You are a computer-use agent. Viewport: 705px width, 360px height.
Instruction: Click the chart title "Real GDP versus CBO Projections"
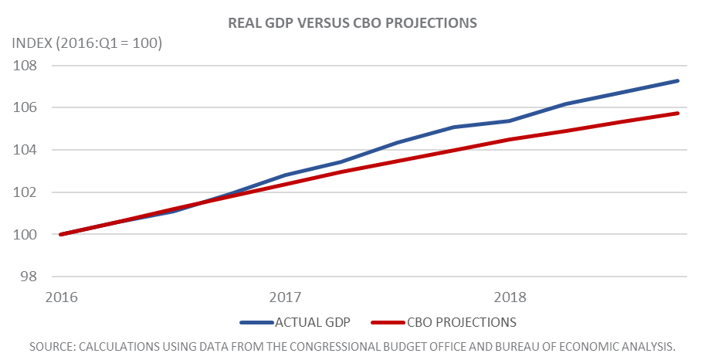[x=352, y=23]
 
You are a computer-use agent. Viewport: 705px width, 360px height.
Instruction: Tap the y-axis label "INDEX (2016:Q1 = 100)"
[x=86, y=43]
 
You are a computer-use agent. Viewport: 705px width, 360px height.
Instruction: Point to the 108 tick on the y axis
[x=25, y=66]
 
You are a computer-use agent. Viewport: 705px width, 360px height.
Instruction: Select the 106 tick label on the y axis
[x=25, y=107]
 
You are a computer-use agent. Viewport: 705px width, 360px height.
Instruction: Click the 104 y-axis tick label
[x=25, y=150]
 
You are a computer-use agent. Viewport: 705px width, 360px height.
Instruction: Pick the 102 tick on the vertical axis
[x=25, y=192]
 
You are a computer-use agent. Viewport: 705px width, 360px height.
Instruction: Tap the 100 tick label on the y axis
[x=25, y=234]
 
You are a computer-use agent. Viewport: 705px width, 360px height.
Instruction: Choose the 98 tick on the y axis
[x=29, y=277]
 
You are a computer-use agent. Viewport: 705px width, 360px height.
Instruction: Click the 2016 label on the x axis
[x=62, y=297]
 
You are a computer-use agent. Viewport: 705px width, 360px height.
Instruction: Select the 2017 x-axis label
[x=286, y=297]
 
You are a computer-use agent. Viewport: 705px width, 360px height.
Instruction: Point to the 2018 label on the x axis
[x=510, y=297]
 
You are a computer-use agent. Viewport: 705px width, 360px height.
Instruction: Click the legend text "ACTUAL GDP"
[x=313, y=322]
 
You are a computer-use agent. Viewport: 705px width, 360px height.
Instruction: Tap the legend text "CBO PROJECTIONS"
[x=462, y=322]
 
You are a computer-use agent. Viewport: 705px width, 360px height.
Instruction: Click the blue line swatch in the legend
[x=256, y=323]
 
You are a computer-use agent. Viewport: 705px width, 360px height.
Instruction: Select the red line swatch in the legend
[x=388, y=323]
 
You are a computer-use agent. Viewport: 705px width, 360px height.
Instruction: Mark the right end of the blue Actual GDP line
[x=677, y=81]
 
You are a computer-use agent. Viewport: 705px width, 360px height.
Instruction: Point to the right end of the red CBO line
[x=677, y=114]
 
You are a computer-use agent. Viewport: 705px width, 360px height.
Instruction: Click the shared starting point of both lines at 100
[x=61, y=234]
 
